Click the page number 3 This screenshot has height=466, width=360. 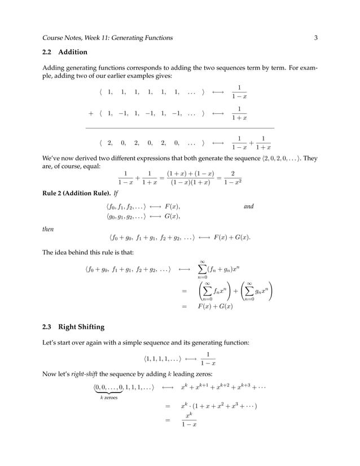point(316,38)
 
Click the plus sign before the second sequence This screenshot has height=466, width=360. point(91,113)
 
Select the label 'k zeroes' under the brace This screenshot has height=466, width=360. point(108,398)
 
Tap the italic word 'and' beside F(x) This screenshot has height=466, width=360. point(248,207)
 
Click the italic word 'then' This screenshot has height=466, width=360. point(49,229)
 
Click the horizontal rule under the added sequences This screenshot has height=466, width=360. point(179,129)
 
